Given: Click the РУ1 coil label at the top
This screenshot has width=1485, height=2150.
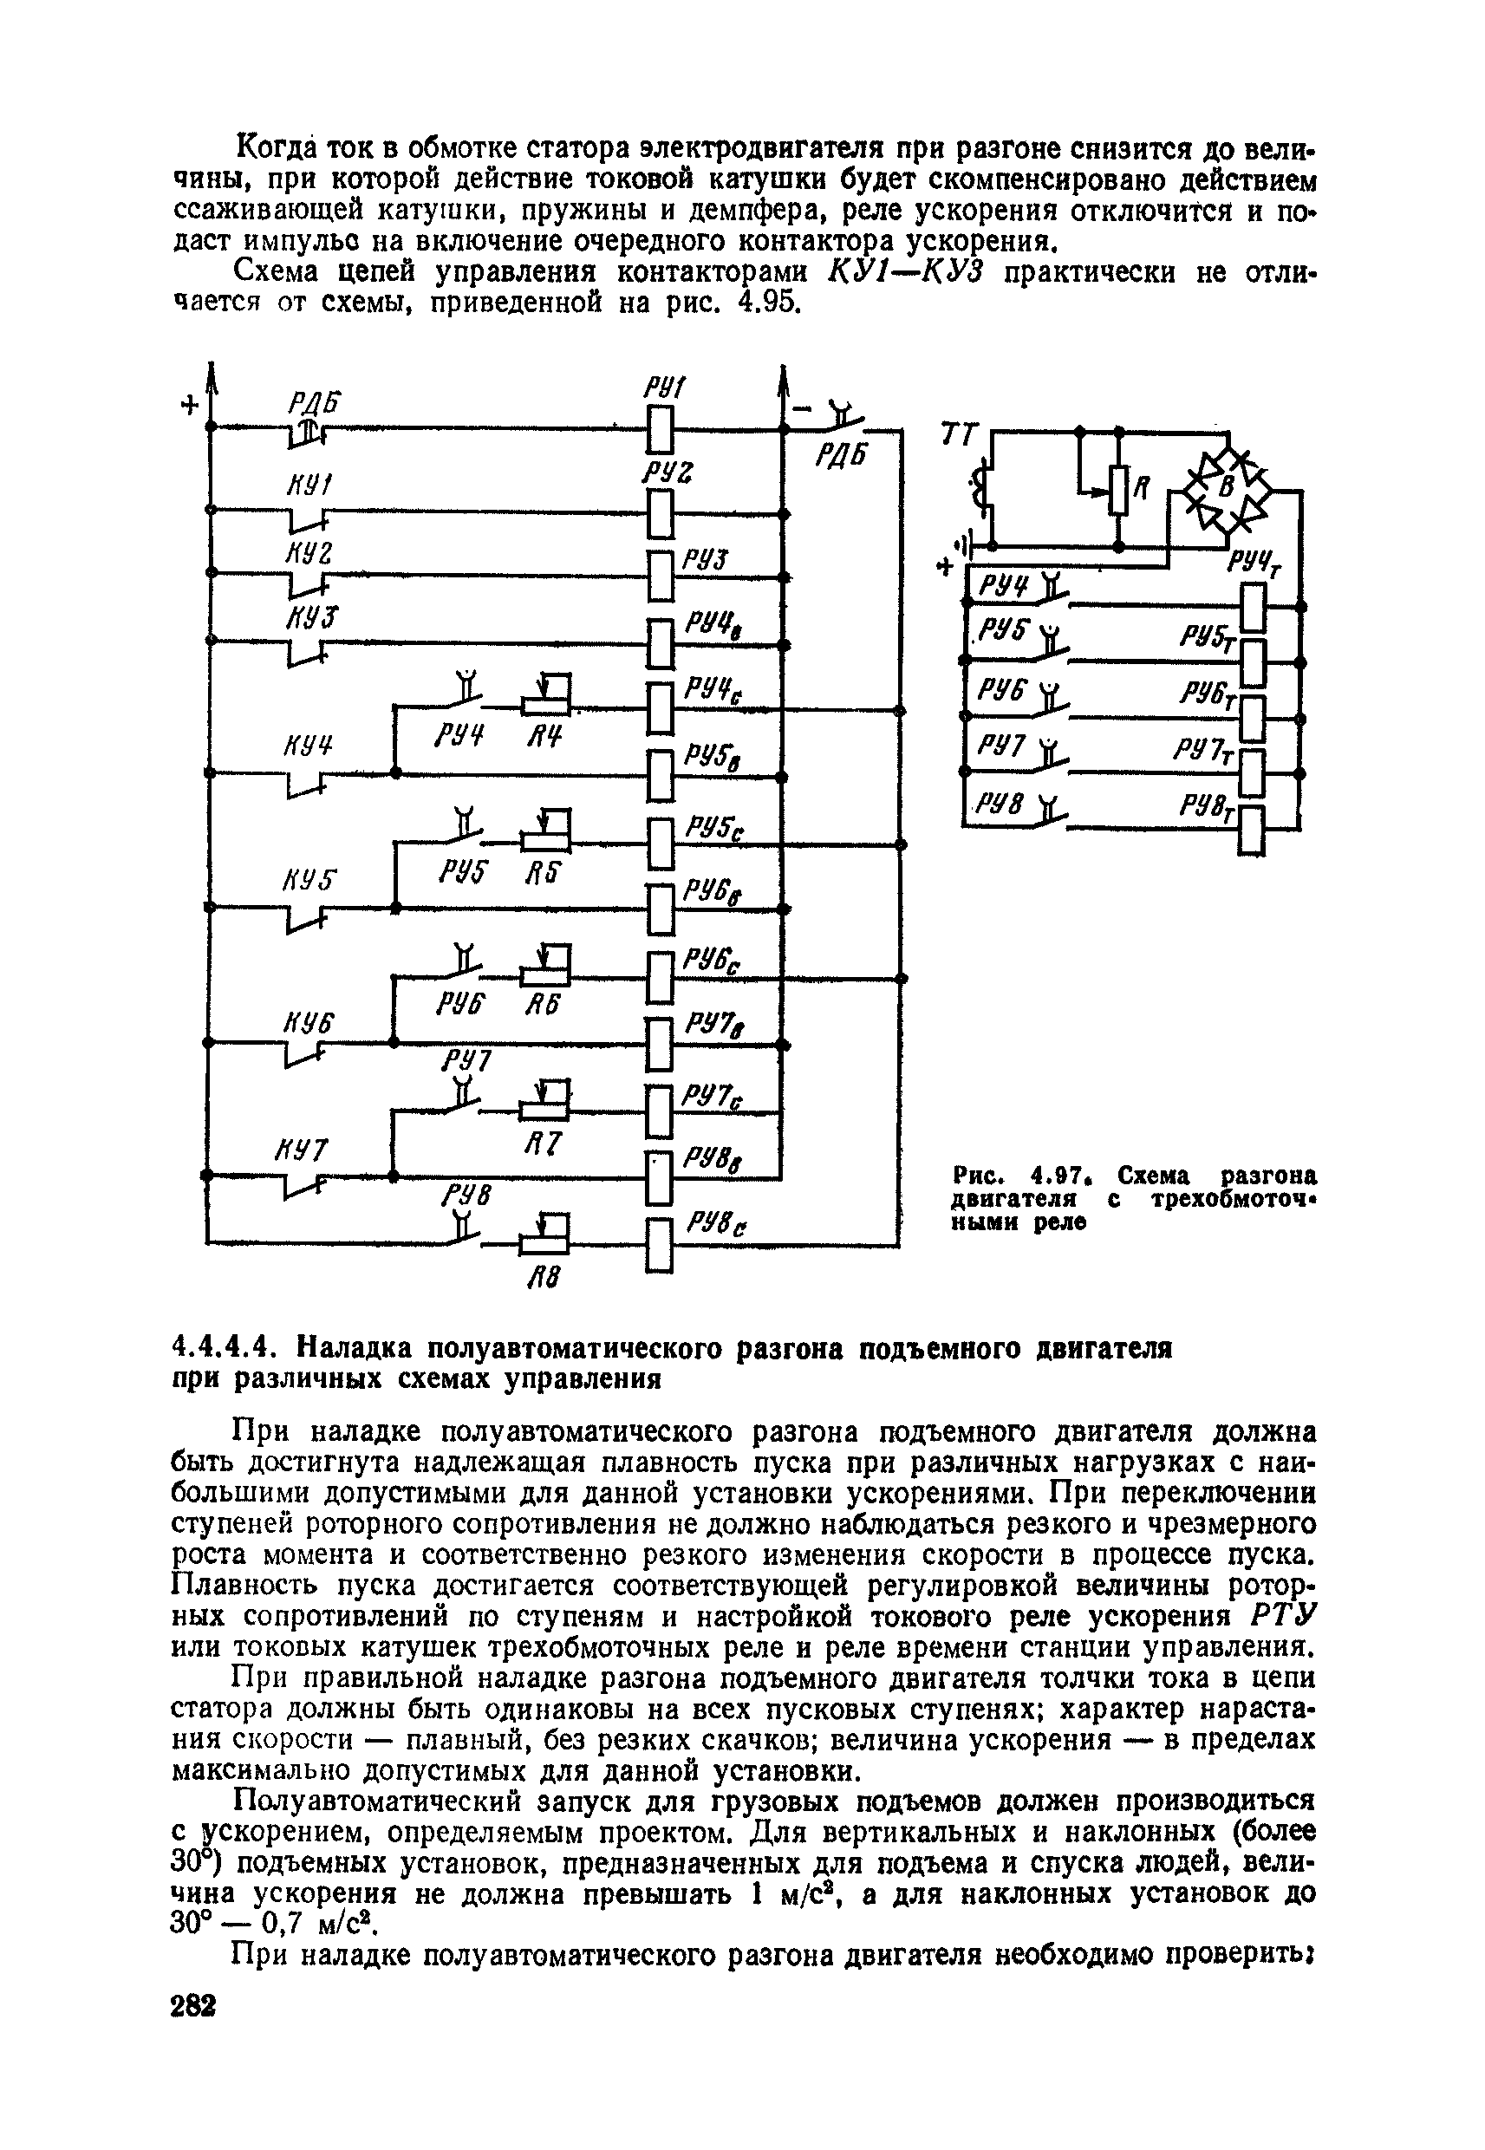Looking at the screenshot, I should pos(664,387).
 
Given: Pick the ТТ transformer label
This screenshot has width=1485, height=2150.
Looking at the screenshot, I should pos(960,434).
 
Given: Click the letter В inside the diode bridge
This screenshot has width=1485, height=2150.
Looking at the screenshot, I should pos(1227,485).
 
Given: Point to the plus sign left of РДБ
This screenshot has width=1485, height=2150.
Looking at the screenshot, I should pos(190,407).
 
